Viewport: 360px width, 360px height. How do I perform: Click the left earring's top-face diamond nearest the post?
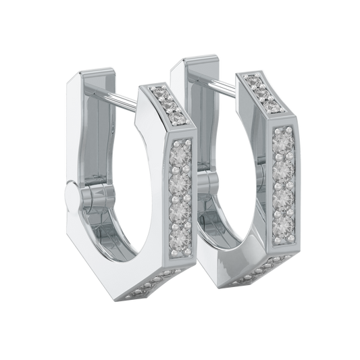[x=159, y=90]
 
